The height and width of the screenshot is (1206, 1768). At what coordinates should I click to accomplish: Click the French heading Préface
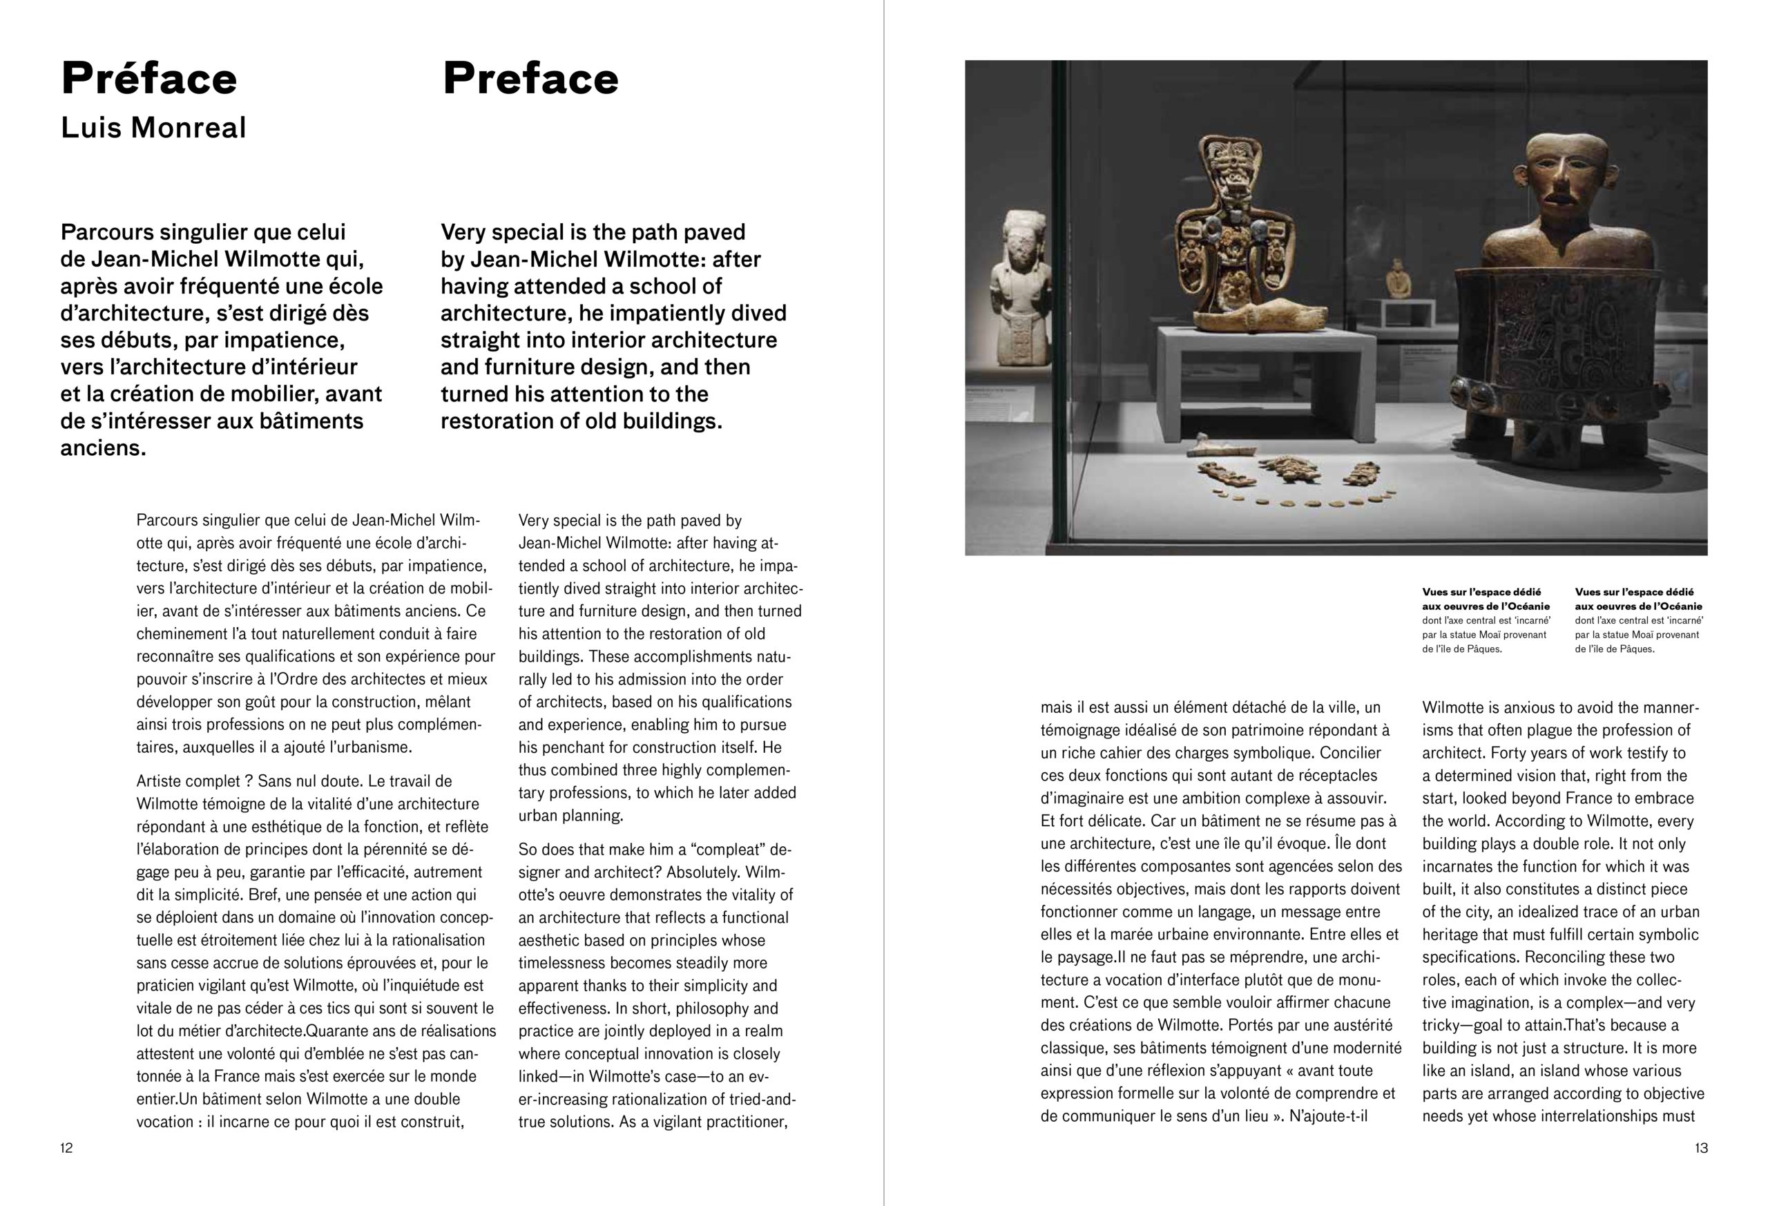click(149, 79)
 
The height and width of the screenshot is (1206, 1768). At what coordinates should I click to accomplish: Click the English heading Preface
click(530, 79)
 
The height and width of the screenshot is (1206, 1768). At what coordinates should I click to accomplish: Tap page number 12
click(67, 1148)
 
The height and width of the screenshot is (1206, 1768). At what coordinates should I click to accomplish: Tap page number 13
click(1701, 1148)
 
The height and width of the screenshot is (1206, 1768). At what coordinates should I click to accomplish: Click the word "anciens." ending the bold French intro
click(104, 448)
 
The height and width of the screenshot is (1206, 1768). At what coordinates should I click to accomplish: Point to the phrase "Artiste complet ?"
click(194, 781)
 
